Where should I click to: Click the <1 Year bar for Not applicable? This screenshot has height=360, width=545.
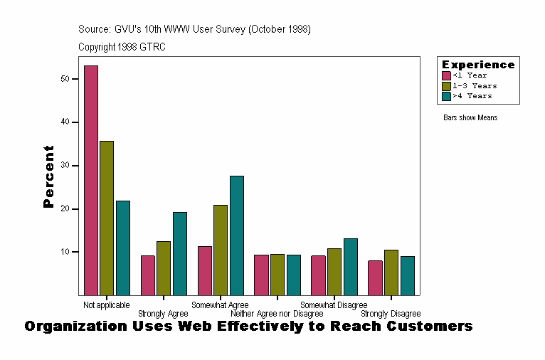[91, 180]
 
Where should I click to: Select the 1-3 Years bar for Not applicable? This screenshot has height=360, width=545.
[107, 218]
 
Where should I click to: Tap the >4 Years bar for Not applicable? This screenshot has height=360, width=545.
[123, 248]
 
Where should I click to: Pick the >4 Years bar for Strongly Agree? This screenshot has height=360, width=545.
[180, 253]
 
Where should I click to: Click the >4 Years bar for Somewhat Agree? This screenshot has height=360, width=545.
[236, 235]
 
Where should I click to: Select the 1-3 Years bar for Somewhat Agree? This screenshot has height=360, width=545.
[221, 250]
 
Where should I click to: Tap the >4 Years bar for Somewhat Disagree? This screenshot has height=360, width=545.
[350, 266]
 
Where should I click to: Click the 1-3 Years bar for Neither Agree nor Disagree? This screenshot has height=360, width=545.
[277, 274]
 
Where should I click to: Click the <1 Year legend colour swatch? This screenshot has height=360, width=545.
[446, 75]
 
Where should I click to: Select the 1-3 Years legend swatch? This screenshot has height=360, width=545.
[446, 85]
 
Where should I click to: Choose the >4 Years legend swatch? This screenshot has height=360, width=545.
[446, 95]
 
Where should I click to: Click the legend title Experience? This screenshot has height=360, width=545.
[478, 65]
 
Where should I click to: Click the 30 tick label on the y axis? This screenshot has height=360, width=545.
[65, 165]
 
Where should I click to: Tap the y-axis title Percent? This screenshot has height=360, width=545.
[48, 176]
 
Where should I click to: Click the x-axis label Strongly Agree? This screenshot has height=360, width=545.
[163, 314]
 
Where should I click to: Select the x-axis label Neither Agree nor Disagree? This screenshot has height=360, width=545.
[277, 314]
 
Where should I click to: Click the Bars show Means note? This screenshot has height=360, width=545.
[470, 118]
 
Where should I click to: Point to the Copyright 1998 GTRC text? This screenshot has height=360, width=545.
[122, 47]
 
